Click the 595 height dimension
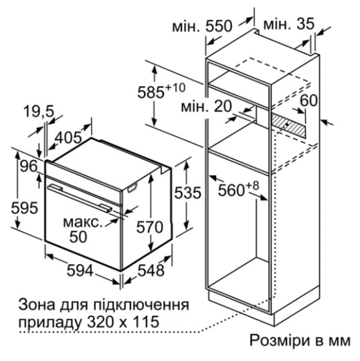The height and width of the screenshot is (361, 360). click(x=25, y=208)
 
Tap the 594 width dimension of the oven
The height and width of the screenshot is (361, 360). click(x=80, y=270)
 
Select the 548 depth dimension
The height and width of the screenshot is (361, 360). click(x=151, y=270)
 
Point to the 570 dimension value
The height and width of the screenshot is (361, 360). click(x=150, y=227)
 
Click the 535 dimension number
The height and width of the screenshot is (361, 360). click(x=187, y=193)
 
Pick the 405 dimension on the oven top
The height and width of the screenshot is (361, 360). click(x=69, y=138)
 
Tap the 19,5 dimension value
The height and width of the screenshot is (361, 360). click(x=39, y=112)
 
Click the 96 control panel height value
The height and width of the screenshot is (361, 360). click(x=29, y=166)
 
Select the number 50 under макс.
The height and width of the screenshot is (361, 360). click(x=78, y=237)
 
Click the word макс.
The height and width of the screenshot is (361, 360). click(x=83, y=223)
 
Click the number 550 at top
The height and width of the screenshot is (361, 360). click(x=219, y=26)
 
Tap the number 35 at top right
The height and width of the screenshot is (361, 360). click(x=306, y=23)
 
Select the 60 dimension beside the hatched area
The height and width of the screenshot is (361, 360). click(x=309, y=100)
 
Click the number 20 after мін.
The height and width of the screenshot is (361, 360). click(x=223, y=106)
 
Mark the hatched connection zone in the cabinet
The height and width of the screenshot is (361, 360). click(x=289, y=125)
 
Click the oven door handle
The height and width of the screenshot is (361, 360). click(x=80, y=197)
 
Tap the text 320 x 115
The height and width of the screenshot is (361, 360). click(x=123, y=322)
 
